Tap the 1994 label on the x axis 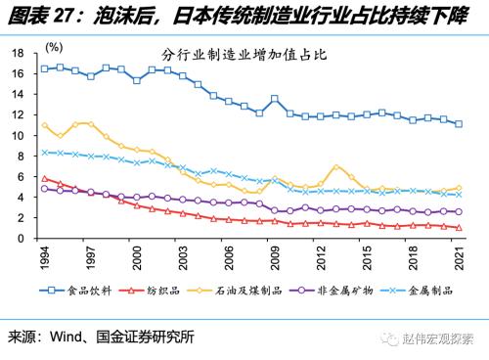point(44,258)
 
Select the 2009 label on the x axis point(275,258)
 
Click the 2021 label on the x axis point(459,258)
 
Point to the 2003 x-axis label point(182,258)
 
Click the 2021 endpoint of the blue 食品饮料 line point(459,124)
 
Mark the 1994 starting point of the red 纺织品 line point(44,178)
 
